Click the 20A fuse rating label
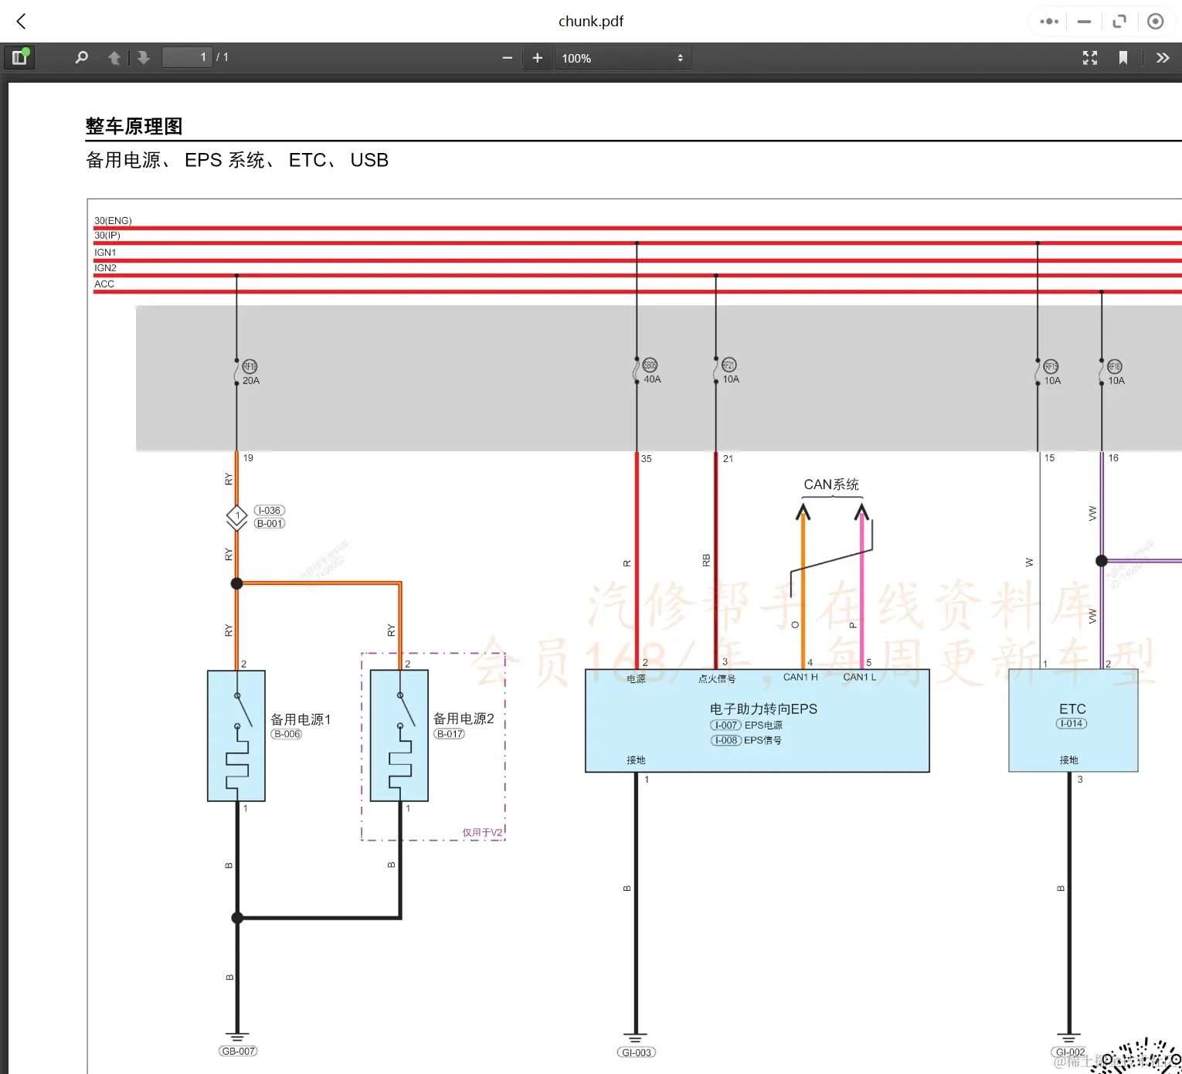click(251, 381)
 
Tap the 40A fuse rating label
click(652, 379)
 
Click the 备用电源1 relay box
click(236, 736)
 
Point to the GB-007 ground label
click(238, 1052)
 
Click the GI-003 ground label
click(637, 1052)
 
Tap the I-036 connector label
click(269, 511)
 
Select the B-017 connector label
click(450, 734)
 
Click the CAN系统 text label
click(831, 484)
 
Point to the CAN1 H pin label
click(800, 678)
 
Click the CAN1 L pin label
click(859, 678)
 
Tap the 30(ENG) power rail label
click(113, 221)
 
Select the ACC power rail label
click(104, 284)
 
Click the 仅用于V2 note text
click(482, 833)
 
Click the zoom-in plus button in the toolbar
click(538, 58)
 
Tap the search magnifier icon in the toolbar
click(81, 58)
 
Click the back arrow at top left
click(22, 22)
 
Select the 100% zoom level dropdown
click(622, 58)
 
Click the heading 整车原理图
click(134, 127)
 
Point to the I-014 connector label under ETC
click(1072, 724)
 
